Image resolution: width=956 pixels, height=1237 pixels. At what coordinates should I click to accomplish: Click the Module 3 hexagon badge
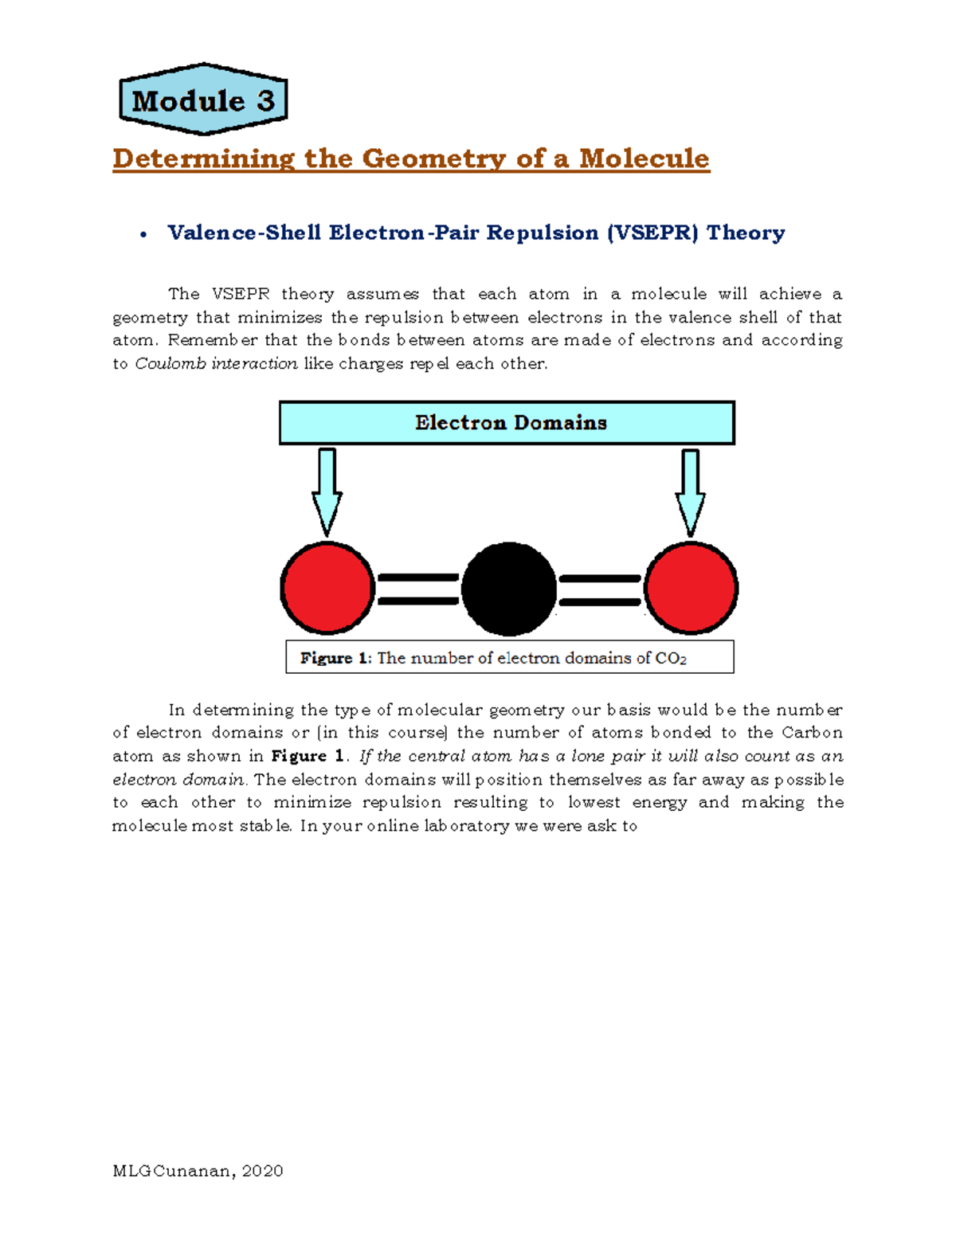point(203,100)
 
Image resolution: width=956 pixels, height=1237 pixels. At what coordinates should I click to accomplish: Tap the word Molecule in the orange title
point(644,159)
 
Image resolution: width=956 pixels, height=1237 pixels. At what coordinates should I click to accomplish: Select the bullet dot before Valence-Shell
point(143,234)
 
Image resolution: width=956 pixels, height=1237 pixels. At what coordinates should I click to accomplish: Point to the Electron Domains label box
point(507,423)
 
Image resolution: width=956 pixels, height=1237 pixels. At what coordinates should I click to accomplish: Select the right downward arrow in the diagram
point(690,491)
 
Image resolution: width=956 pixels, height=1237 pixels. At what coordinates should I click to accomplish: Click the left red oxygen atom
point(327,589)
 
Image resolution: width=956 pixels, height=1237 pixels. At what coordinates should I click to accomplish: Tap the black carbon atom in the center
point(509,589)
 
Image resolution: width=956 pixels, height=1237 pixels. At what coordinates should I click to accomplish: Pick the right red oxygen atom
point(691,589)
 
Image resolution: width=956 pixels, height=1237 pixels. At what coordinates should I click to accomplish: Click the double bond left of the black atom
point(417,589)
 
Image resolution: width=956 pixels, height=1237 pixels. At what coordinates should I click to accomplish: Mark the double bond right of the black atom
point(600,589)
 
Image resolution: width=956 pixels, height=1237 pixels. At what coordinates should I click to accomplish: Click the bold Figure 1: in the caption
point(335,658)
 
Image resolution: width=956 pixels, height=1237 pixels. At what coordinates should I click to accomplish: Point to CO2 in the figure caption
point(670,659)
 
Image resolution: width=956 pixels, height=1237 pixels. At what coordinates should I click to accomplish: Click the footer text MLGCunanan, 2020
point(198,1171)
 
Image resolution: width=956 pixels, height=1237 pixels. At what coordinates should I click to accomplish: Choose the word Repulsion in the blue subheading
point(542,233)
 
